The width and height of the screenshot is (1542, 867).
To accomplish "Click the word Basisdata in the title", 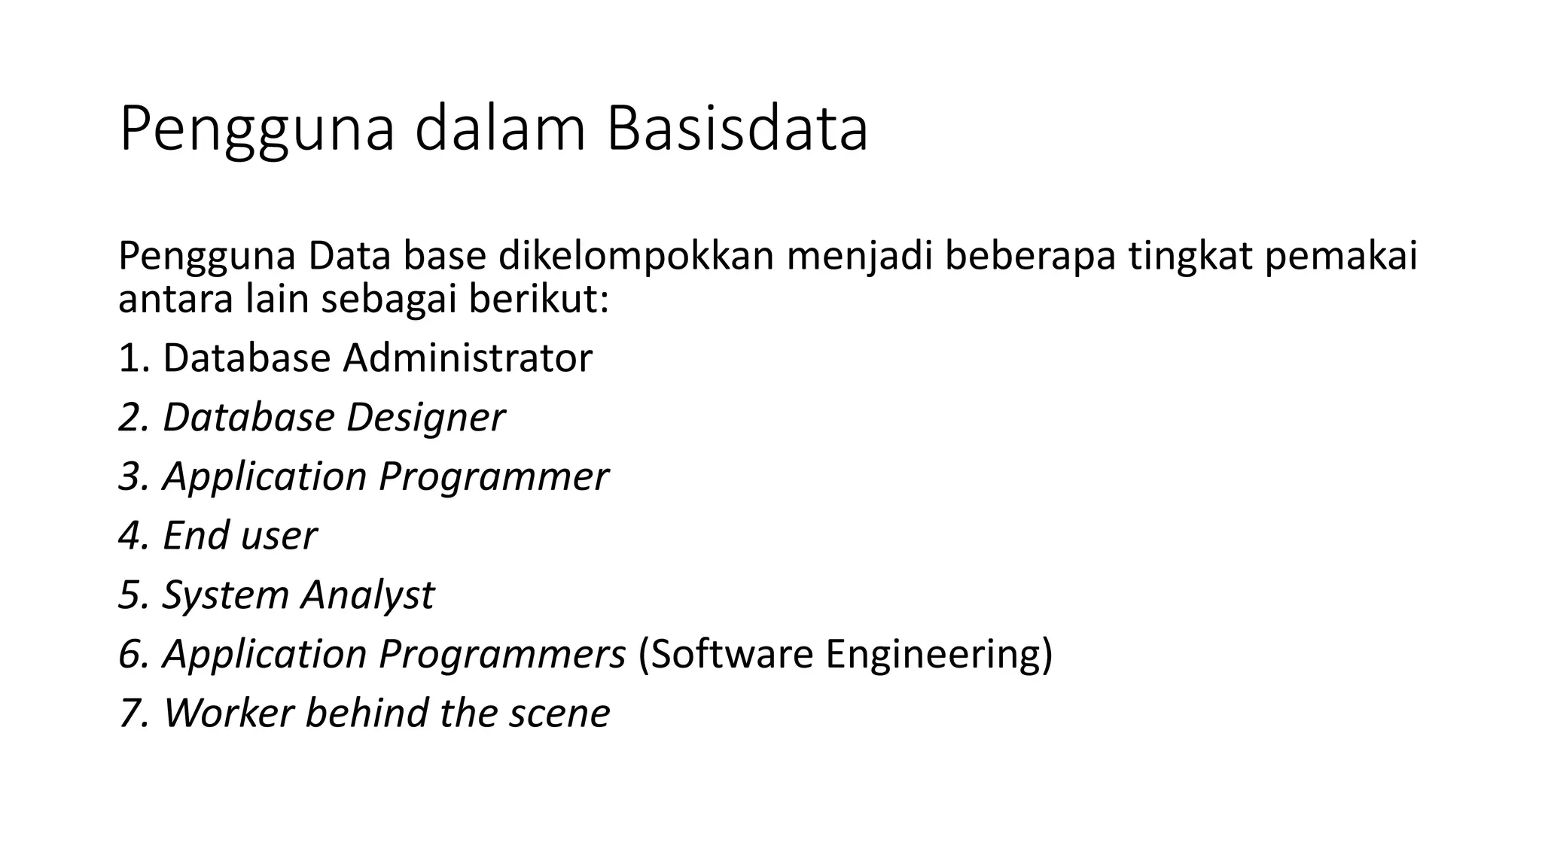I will click(x=737, y=129).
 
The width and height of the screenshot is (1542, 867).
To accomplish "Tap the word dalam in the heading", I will click(x=500, y=129).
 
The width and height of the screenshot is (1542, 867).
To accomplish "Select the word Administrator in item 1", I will click(x=468, y=358).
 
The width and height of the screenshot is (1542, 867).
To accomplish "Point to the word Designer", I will click(x=425, y=418).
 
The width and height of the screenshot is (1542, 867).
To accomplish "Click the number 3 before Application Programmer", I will click(x=130, y=477).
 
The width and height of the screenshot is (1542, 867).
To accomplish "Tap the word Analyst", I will click(x=367, y=595).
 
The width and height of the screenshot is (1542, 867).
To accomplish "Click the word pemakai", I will click(x=1341, y=257).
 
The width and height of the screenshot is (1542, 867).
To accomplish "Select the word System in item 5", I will click(x=226, y=595).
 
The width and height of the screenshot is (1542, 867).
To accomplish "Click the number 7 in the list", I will click(x=130, y=713).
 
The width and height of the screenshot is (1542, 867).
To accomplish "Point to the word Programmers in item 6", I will click(x=501, y=654).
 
